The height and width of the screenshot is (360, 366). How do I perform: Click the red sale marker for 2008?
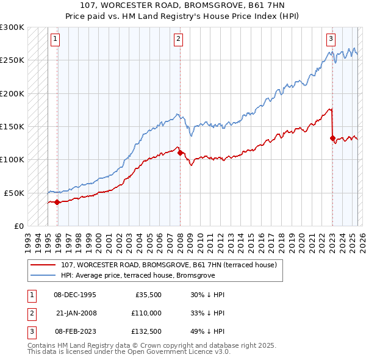click(180, 153)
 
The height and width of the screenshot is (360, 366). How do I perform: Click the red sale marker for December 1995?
click(57, 202)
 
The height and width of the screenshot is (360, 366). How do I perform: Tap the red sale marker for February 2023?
click(332, 138)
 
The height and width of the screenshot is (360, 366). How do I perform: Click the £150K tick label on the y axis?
click(12, 127)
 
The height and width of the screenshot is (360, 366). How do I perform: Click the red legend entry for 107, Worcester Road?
click(169, 265)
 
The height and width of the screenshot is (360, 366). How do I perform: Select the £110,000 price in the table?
click(147, 312)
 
